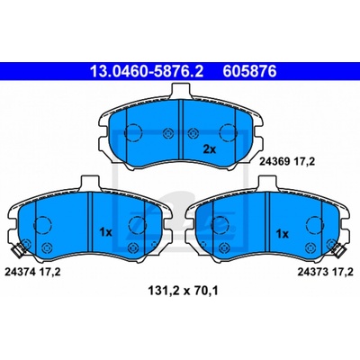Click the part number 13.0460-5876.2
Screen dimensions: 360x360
pos(147,71)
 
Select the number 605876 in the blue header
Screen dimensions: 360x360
pos(249,71)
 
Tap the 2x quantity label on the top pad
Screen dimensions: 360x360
pos(210,149)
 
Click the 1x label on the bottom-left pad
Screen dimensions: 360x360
pos(105,232)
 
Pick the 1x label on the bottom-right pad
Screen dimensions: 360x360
pos(282,234)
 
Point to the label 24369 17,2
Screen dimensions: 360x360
pos(287,162)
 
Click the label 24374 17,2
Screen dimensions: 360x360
pos(32,272)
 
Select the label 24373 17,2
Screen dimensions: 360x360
pos(325,272)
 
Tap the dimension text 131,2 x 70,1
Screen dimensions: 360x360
pos(183,291)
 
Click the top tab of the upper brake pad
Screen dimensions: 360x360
pos(181,90)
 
